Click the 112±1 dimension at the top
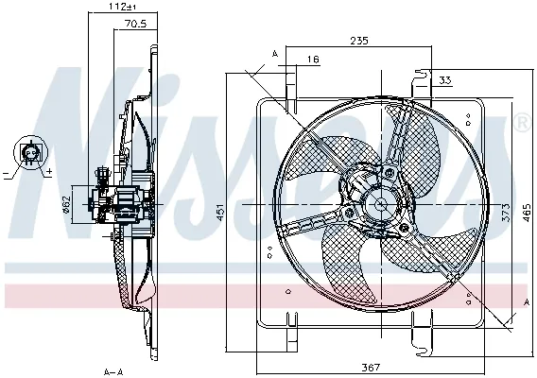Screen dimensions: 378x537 tap(118, 7)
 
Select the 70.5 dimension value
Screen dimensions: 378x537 tap(134, 26)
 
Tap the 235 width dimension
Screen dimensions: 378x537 tap(358, 41)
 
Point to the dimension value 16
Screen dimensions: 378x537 tap(313, 60)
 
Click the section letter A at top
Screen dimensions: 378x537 tap(274, 54)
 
